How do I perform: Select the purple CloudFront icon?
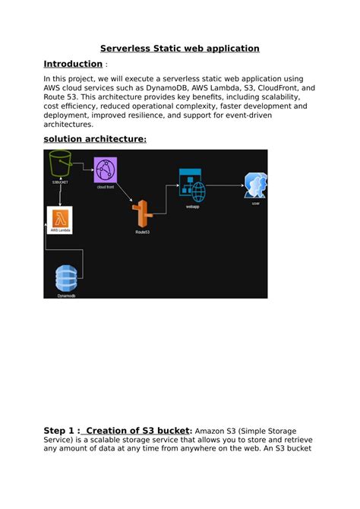click(x=106, y=169)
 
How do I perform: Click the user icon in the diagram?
click(x=255, y=186)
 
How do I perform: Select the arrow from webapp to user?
click(x=224, y=185)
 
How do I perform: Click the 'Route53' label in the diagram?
click(x=142, y=231)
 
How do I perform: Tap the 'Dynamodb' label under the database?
click(x=67, y=294)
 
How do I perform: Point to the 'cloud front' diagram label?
click(x=106, y=186)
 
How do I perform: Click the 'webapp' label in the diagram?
click(x=191, y=204)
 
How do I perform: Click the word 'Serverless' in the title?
click(x=127, y=49)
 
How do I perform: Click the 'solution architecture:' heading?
click(x=94, y=139)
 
